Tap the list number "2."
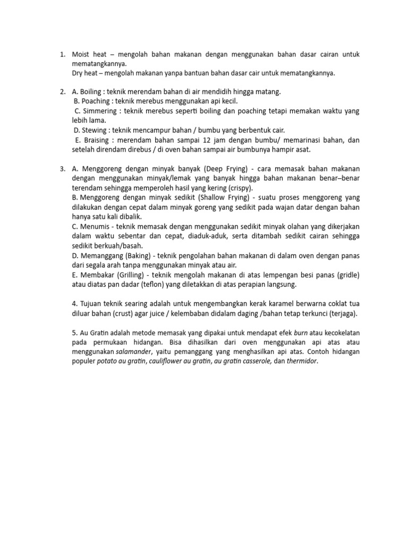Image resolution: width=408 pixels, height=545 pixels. [63, 92]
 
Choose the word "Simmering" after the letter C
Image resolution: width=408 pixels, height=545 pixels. [99, 111]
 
